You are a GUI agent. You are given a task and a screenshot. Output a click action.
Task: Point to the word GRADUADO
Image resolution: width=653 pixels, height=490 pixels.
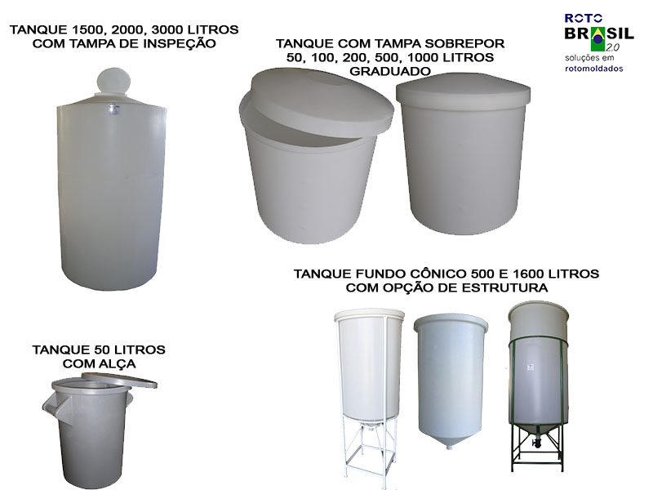(x=390, y=71)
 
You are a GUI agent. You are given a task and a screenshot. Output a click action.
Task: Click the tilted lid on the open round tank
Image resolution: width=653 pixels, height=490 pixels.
(x=322, y=102)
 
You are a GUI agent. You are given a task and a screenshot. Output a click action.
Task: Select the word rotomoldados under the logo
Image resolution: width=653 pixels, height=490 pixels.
(x=594, y=69)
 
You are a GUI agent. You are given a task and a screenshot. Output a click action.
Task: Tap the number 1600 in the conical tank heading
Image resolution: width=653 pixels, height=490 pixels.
(x=530, y=274)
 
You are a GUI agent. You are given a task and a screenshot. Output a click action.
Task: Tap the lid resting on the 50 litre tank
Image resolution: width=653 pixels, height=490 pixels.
(x=119, y=380)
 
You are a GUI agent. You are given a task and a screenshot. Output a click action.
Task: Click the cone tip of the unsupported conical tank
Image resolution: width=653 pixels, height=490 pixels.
(x=449, y=447)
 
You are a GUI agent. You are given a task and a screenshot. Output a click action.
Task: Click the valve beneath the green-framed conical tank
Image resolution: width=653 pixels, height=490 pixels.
(x=537, y=443)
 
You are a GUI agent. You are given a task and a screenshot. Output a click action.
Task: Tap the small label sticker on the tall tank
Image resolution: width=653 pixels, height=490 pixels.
(x=112, y=109)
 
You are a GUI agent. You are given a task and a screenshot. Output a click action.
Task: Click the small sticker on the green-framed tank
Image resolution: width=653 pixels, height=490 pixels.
(x=531, y=367)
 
